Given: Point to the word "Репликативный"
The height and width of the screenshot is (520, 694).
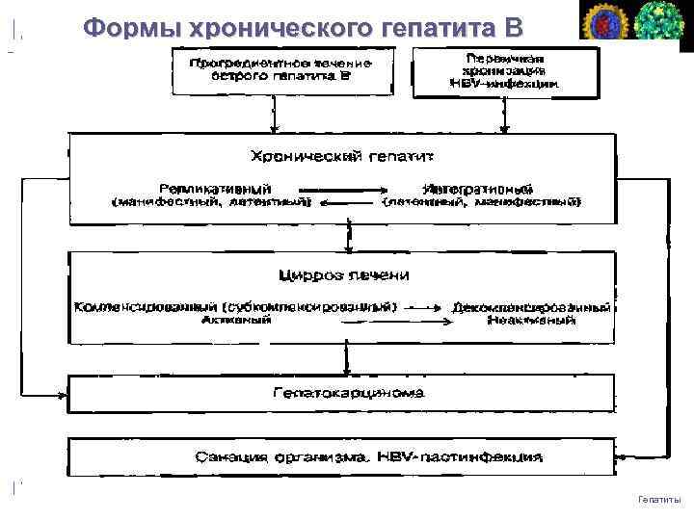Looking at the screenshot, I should tap(215, 188).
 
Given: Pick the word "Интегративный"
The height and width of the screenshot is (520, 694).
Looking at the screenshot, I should tap(478, 188).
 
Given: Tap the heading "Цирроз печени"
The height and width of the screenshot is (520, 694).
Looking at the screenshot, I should tap(343, 275).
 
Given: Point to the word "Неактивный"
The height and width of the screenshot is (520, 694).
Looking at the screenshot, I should tap(531, 321).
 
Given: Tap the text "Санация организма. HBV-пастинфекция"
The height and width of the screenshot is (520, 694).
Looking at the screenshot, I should tap(339, 455).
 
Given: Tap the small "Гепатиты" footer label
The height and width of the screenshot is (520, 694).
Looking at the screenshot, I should tap(659, 499).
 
